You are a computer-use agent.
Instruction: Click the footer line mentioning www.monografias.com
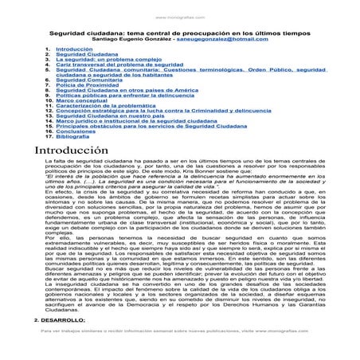pyautogui.click(x=180, y=351)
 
